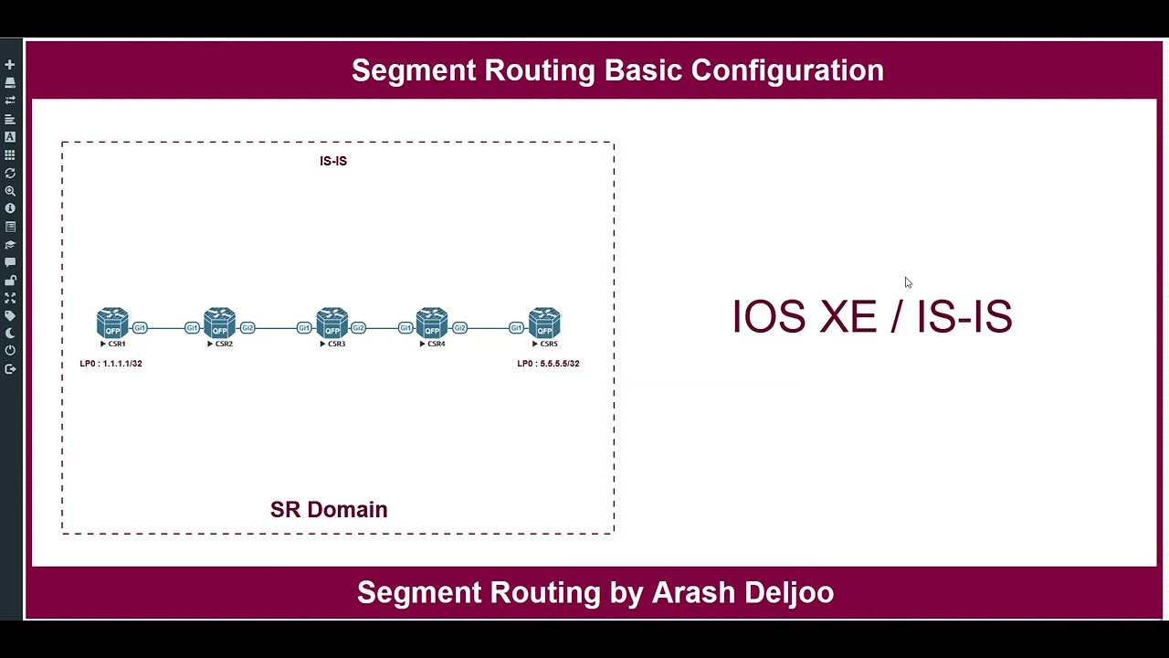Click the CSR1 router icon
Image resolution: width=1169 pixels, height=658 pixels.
point(112,324)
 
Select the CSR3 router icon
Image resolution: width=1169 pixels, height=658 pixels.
point(332,324)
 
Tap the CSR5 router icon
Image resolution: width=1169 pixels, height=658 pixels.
point(544,324)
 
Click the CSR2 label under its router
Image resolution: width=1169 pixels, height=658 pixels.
point(224,345)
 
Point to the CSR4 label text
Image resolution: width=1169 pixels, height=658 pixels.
point(436,345)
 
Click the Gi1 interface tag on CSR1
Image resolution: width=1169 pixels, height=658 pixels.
point(140,328)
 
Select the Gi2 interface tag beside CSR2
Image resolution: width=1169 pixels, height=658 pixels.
point(247,328)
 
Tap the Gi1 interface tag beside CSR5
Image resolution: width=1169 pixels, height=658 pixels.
point(516,328)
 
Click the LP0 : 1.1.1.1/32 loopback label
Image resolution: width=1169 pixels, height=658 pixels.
point(111,364)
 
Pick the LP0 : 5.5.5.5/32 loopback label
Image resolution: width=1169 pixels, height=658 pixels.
point(548,364)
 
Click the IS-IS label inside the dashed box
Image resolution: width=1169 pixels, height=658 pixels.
point(333,161)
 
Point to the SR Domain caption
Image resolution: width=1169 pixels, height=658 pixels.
point(329,510)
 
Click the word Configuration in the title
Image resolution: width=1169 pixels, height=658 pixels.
point(787,70)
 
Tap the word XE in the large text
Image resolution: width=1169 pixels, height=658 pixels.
point(848,316)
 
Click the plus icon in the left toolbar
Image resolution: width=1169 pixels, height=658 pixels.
point(10,65)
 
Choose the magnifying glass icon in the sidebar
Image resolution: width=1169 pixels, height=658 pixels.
point(10,191)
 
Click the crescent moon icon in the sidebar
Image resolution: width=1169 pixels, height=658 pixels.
point(10,334)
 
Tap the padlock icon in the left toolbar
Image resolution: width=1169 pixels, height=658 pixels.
point(10,281)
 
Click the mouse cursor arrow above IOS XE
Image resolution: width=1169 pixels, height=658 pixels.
point(908,282)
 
